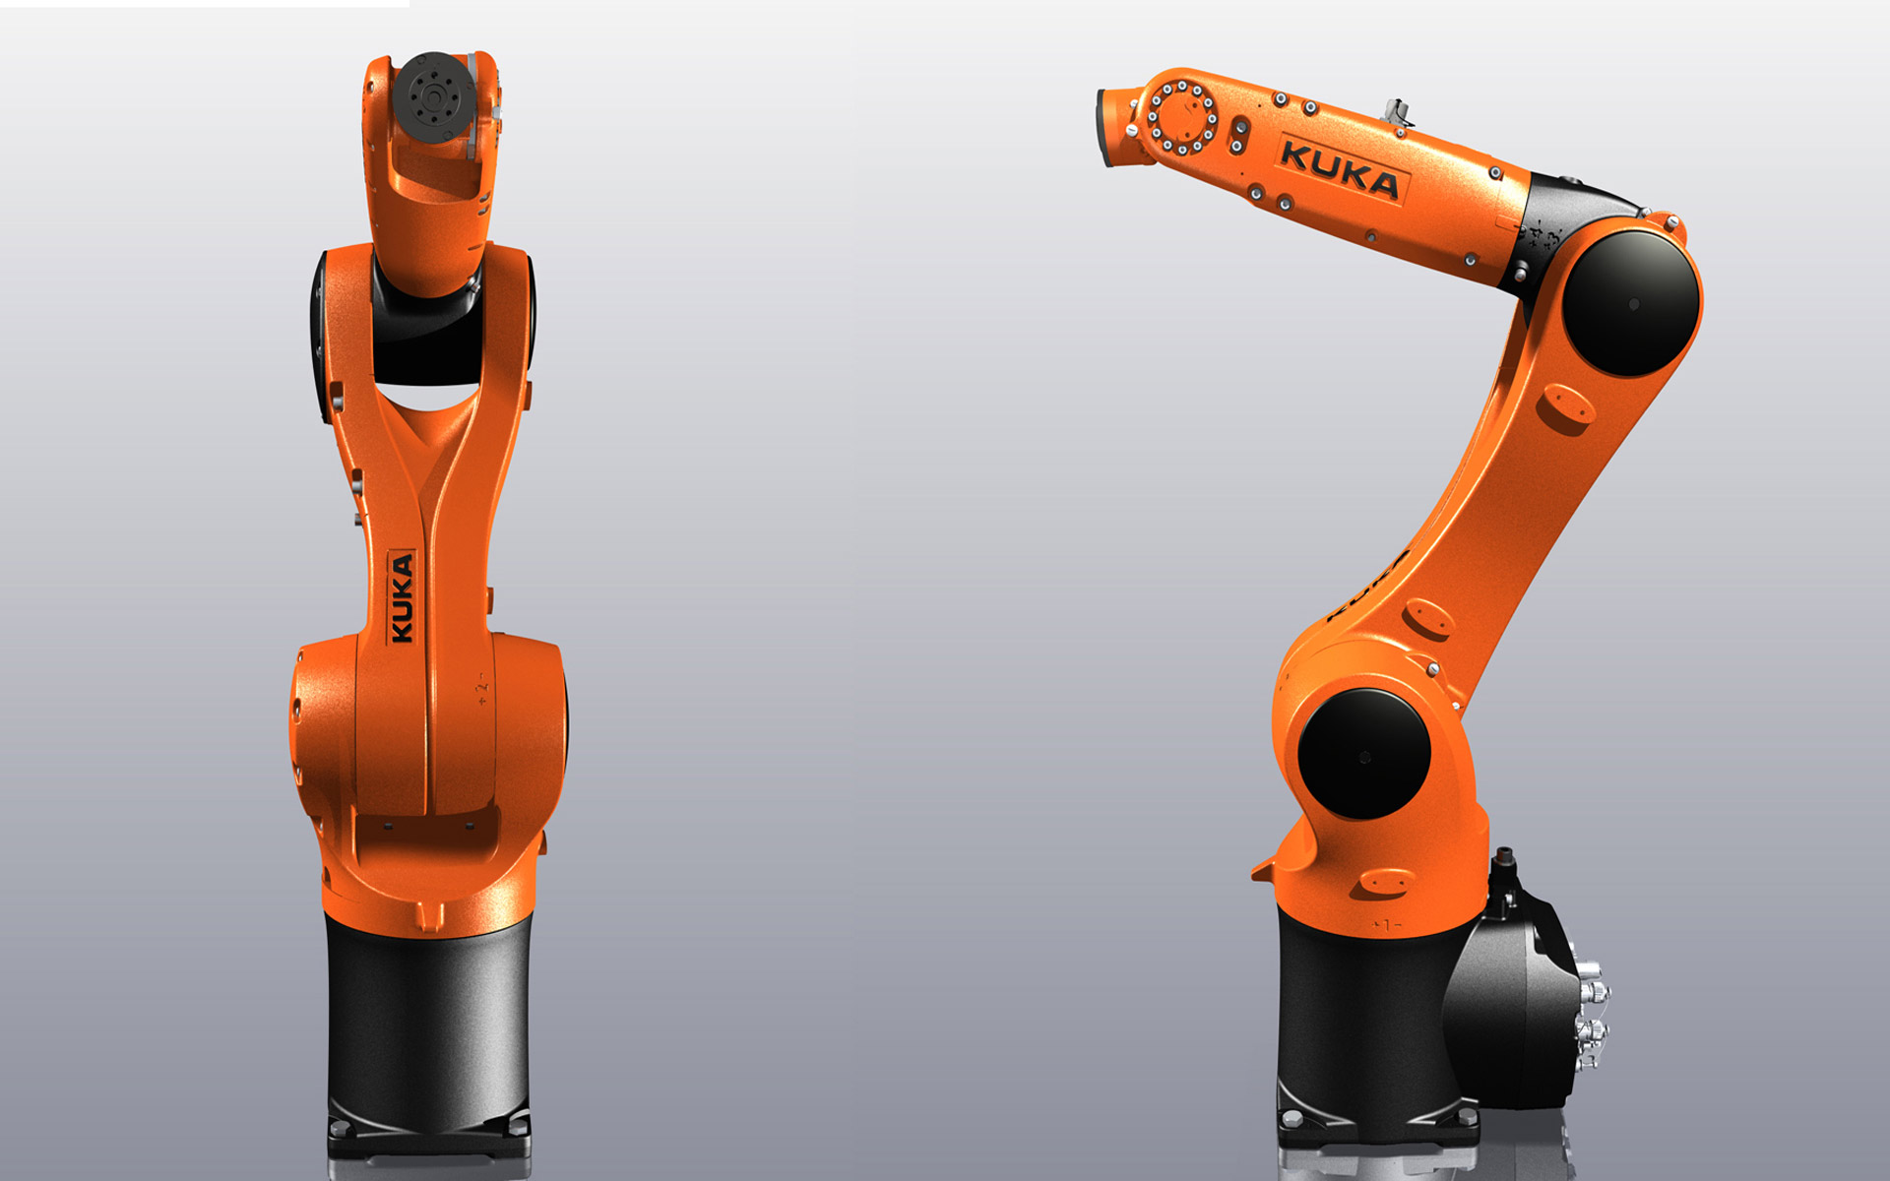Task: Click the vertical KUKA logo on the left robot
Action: tap(403, 597)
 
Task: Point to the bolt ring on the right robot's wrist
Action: tap(1182, 119)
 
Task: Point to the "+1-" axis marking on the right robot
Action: tap(1387, 925)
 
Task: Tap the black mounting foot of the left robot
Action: tap(428, 1142)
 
